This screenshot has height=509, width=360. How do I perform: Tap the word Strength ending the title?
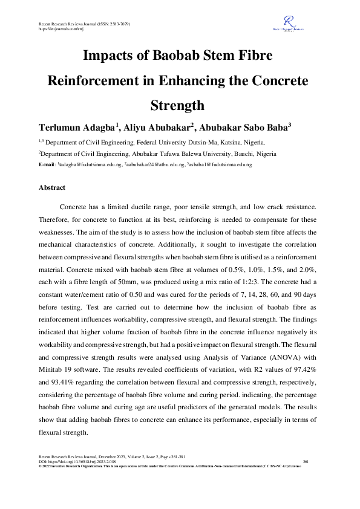point(180,105)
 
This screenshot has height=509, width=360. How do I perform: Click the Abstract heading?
point(52,188)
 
